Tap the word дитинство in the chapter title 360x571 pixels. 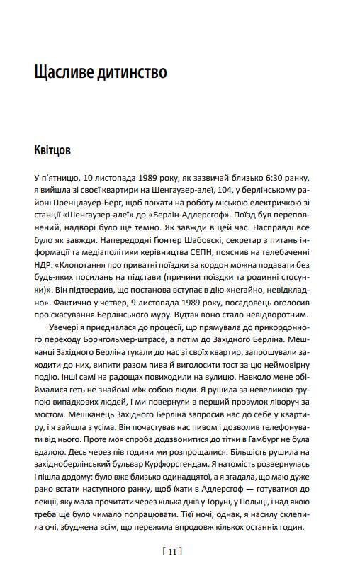(x=132, y=72)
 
